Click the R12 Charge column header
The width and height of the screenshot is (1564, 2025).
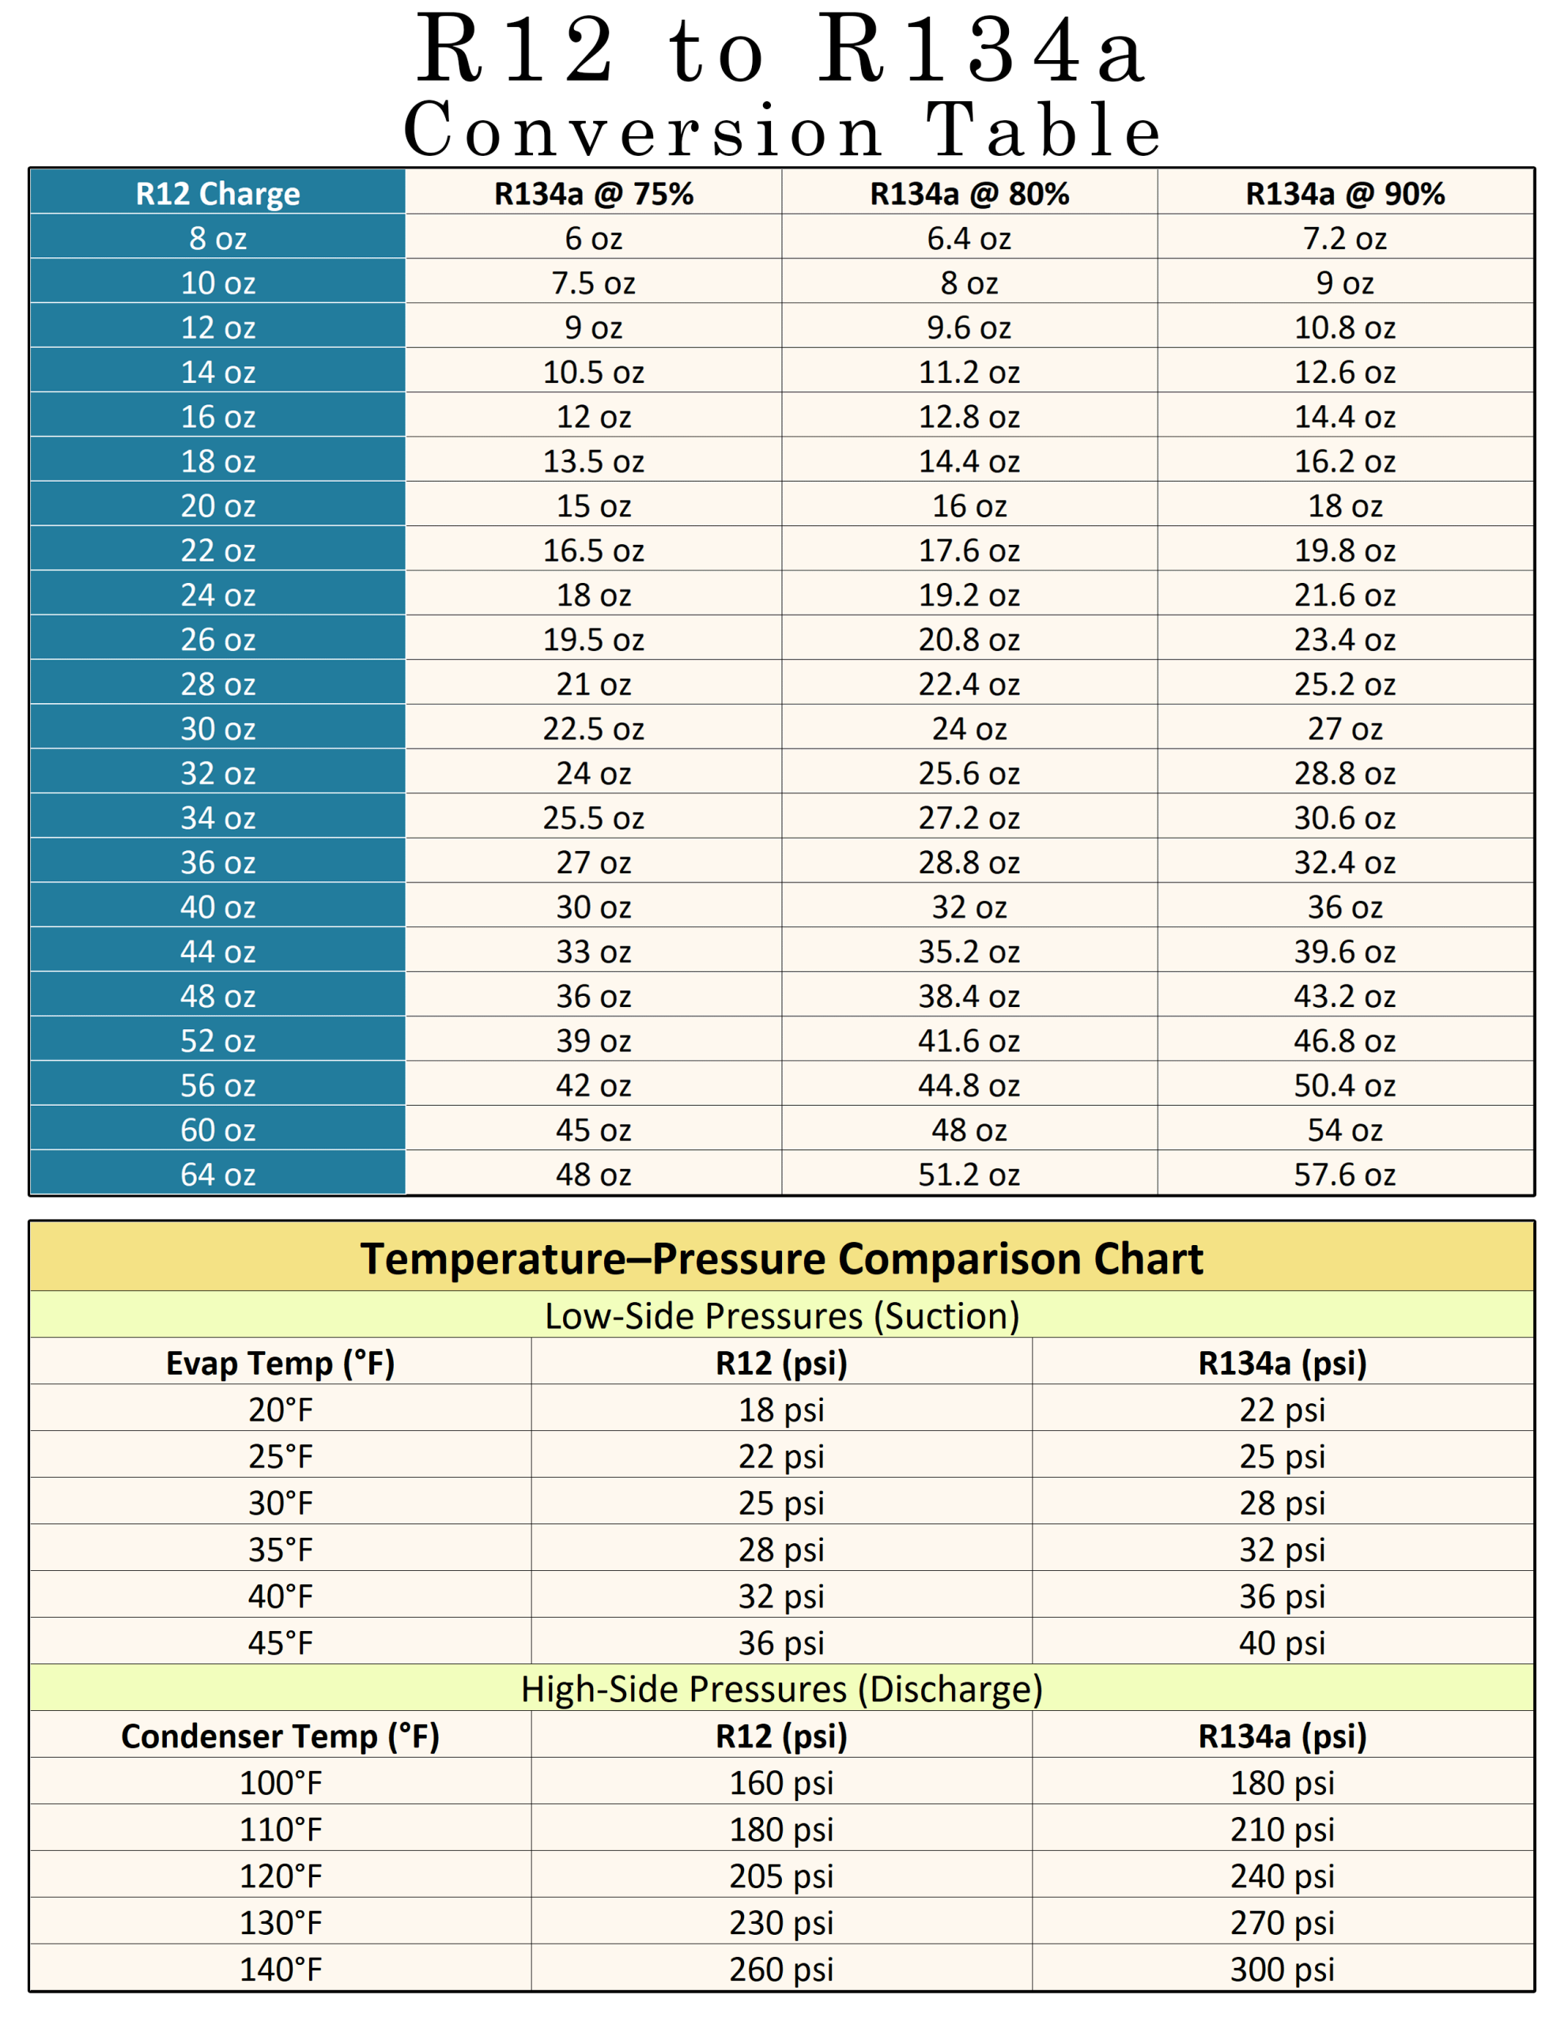pos(218,193)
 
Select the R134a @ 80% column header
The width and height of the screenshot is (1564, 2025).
pos(969,193)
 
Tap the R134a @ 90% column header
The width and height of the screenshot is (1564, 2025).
pos(1344,193)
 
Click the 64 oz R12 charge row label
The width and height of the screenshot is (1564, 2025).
pos(218,1174)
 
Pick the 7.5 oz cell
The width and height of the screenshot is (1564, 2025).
pos(593,283)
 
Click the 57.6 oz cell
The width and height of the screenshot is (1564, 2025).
pos(1344,1174)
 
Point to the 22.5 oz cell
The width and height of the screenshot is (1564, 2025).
pos(593,729)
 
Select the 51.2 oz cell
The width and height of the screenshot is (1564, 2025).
pos(969,1174)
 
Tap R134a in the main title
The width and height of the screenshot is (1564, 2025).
pos(983,51)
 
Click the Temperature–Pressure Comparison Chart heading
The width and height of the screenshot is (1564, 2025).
pos(781,1259)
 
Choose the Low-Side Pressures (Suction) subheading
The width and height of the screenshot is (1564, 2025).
pos(781,1315)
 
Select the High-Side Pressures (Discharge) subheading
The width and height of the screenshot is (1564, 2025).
pos(781,1689)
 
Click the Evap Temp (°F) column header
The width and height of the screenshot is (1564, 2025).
pos(280,1363)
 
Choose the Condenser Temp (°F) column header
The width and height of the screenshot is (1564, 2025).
pos(280,1735)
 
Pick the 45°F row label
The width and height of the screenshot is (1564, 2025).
pos(280,1643)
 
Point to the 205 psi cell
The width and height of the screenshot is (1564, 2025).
pos(781,1875)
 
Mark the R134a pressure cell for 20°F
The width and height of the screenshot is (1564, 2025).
pos(1283,1410)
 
